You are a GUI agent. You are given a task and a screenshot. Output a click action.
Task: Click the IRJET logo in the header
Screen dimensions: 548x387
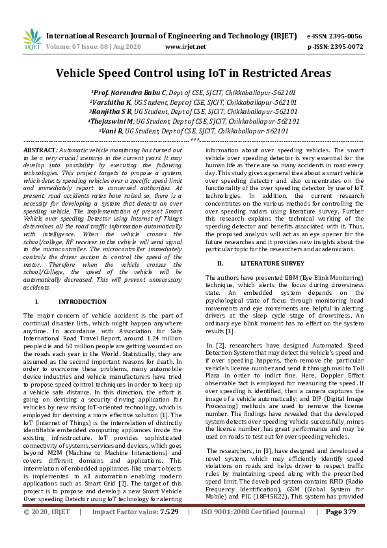pyautogui.click(x=32, y=40)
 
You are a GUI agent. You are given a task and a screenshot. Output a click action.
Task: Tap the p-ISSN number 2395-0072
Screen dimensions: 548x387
pyautogui.click(x=346, y=47)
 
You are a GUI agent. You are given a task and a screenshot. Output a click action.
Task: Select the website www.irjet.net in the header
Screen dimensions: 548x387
pyautogui.click(x=185, y=47)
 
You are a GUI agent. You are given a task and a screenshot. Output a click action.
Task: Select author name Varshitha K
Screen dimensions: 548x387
pyautogui.click(x=112, y=102)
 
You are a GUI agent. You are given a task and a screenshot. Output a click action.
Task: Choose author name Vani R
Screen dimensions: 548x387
pyautogui.click(x=112, y=130)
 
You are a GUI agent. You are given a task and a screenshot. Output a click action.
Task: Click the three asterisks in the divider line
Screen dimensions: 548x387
pyautogui.click(x=194, y=140)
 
